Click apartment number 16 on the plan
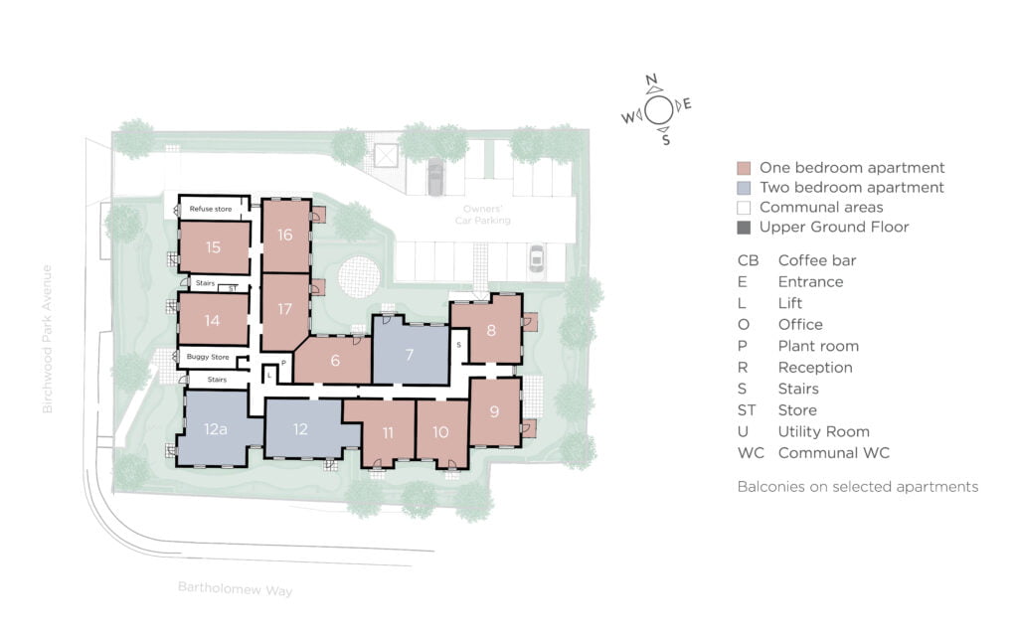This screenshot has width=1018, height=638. pyautogui.click(x=285, y=235)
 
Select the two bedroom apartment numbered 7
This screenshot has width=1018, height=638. pyautogui.click(x=410, y=355)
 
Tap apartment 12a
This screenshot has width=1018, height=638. pyautogui.click(x=216, y=429)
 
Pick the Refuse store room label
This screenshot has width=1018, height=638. pyautogui.click(x=211, y=209)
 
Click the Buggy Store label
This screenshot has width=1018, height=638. pyautogui.click(x=208, y=357)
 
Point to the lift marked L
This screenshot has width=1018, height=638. pyautogui.click(x=269, y=375)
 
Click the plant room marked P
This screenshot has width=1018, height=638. pyautogui.click(x=283, y=364)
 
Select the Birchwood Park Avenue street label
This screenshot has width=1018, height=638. pyautogui.click(x=47, y=339)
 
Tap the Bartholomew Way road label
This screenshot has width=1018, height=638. pyautogui.click(x=235, y=588)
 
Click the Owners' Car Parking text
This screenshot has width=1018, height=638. pyautogui.click(x=482, y=215)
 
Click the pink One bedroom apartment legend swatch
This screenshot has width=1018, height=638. pyautogui.click(x=744, y=168)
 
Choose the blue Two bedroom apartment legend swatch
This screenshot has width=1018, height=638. pyautogui.click(x=744, y=188)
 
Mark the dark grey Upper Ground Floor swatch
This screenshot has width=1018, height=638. pyautogui.click(x=744, y=228)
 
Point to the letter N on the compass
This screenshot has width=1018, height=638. pyautogui.click(x=651, y=80)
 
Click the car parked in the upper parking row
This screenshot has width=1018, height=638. pyautogui.click(x=435, y=179)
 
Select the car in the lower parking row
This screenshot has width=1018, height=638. pyautogui.click(x=536, y=259)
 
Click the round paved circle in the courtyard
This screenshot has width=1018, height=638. pyautogui.click(x=358, y=277)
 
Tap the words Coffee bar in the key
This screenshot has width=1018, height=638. pyautogui.click(x=817, y=260)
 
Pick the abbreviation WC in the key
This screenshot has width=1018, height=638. pyautogui.click(x=751, y=453)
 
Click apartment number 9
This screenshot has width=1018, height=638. pyautogui.click(x=495, y=411)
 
